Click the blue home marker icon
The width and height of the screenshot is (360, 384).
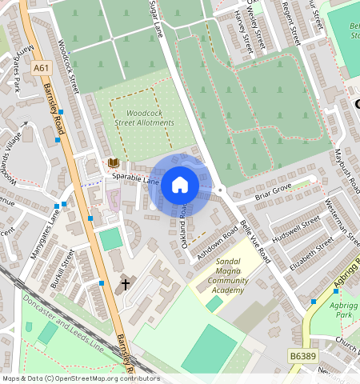click(x=180, y=185)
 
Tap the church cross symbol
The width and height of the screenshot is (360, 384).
click(x=125, y=283)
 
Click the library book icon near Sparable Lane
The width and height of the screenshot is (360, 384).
click(x=113, y=162)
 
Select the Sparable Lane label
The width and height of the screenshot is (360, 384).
click(x=136, y=178)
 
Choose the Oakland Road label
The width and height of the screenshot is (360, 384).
click(x=186, y=224)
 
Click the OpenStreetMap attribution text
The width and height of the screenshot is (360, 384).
click(x=81, y=378)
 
